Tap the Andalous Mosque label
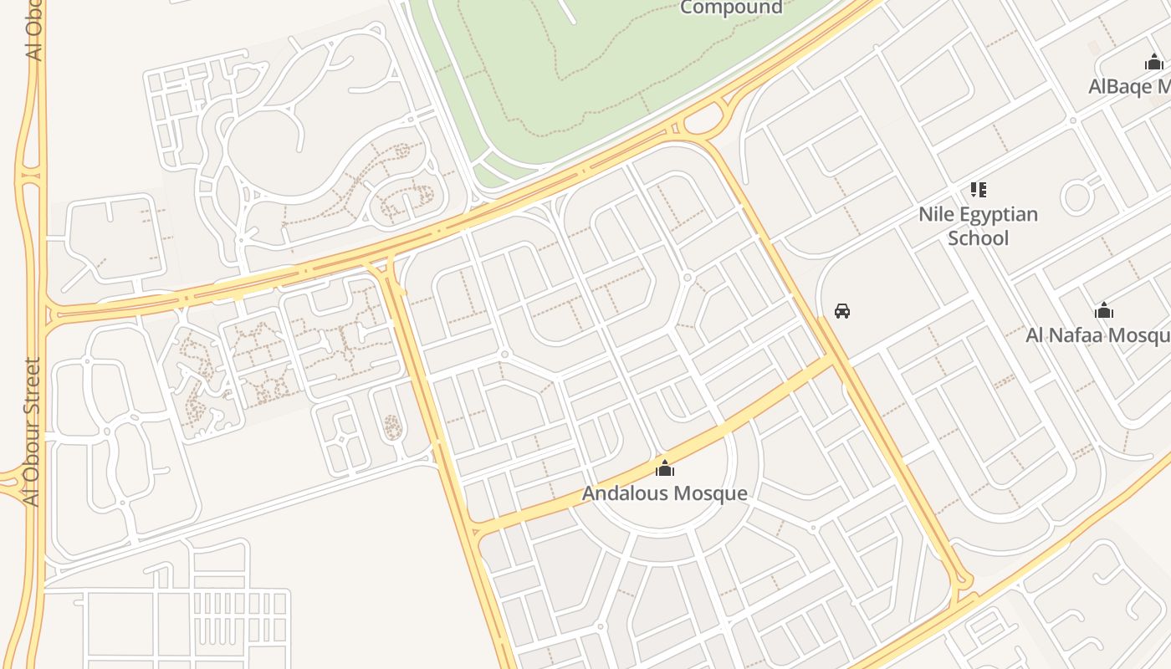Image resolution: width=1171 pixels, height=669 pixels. click(x=664, y=493)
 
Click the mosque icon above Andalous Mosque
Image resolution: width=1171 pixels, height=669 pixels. click(x=665, y=467)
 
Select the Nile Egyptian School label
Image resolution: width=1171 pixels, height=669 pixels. click(x=978, y=226)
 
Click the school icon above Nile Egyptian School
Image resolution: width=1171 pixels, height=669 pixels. click(x=978, y=190)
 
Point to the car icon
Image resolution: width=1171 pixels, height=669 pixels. click(x=842, y=311)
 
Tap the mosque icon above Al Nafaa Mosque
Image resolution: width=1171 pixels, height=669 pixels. click(x=1104, y=311)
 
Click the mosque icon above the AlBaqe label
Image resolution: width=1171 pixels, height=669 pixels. click(x=1154, y=62)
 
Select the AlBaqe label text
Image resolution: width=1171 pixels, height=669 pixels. click(x=1129, y=87)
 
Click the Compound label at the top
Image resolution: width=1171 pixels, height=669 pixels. click(x=731, y=8)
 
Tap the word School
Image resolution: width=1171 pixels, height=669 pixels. click(x=978, y=238)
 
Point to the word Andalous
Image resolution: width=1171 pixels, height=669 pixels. click(x=623, y=493)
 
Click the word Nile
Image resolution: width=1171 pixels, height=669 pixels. click(x=934, y=214)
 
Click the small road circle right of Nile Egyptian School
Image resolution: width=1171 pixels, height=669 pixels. click(x=1076, y=197)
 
